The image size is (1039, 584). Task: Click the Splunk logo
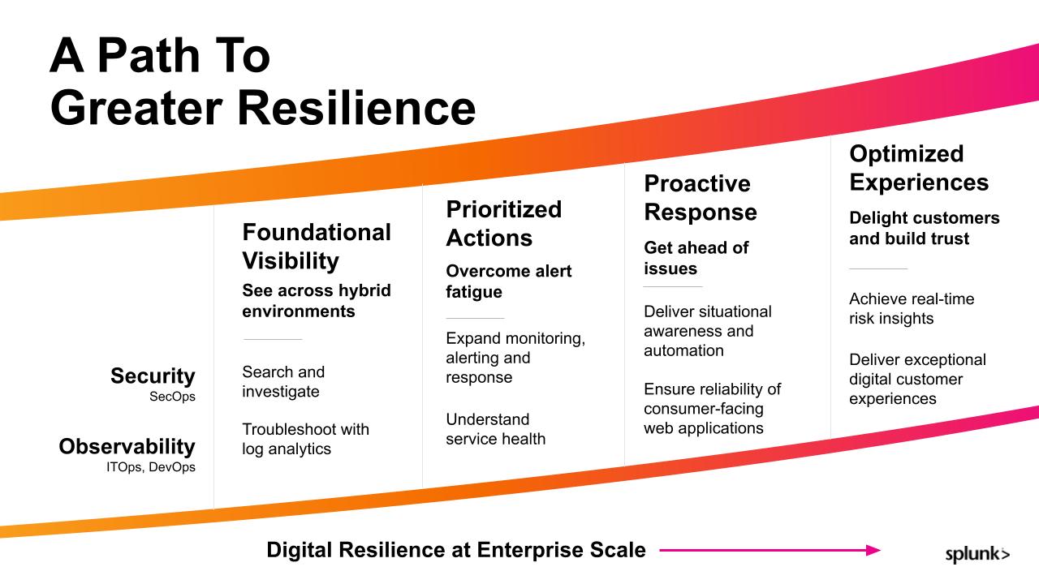click(x=977, y=554)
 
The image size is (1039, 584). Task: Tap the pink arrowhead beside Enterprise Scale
click(x=873, y=550)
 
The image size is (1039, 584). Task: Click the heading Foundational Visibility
click(x=317, y=246)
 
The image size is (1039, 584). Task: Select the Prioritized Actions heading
click(x=504, y=223)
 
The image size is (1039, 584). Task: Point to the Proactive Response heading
click(x=701, y=198)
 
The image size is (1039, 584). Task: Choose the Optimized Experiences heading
click(x=919, y=168)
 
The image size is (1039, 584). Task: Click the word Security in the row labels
click(x=153, y=376)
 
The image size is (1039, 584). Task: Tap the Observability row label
click(x=127, y=446)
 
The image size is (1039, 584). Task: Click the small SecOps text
click(x=172, y=397)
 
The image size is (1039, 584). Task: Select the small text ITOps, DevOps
click(x=151, y=467)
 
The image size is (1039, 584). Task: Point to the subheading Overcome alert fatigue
click(x=509, y=281)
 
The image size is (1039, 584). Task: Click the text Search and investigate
click(x=283, y=381)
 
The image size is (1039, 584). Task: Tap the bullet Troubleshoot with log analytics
click(x=306, y=439)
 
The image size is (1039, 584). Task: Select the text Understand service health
click(x=495, y=429)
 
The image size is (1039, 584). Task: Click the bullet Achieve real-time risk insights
click(x=912, y=309)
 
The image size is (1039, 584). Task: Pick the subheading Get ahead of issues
click(x=696, y=258)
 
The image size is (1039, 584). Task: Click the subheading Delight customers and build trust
click(x=924, y=228)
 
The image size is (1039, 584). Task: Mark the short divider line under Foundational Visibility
click(x=273, y=339)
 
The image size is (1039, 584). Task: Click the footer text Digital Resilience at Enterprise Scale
click(x=456, y=550)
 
